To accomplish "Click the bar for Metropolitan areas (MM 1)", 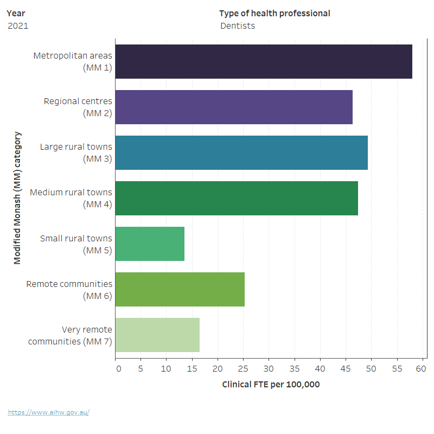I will (264, 61).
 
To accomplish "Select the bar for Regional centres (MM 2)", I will (234, 107).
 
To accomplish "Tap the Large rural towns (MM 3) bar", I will (241, 152).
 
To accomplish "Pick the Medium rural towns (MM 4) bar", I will (237, 198).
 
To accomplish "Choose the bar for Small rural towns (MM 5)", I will (150, 244).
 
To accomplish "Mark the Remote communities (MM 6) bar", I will (180, 289).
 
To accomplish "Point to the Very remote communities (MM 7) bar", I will (157, 335).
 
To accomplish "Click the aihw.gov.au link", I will (48, 412).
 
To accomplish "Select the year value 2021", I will (18, 25).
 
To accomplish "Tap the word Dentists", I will (238, 25).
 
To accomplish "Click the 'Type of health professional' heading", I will (275, 13).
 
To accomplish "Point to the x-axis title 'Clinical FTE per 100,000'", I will (271, 384).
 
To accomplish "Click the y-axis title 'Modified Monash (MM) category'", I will (17, 197).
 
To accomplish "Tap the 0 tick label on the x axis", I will (118, 369).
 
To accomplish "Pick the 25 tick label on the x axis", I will (244, 369).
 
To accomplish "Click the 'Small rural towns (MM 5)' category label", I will (76, 244).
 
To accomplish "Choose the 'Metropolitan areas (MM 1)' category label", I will (73, 61).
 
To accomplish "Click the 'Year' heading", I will (16, 13).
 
